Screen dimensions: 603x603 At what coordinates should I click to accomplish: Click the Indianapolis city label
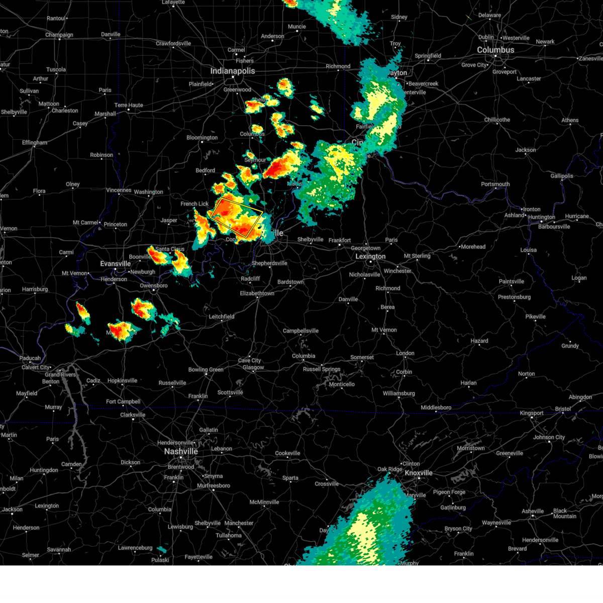pyautogui.click(x=232, y=71)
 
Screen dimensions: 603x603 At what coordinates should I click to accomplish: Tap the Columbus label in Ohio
pyautogui.click(x=495, y=50)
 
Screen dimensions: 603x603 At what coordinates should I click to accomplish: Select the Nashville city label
pyautogui.click(x=181, y=451)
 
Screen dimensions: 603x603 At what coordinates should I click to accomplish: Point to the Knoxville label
pyautogui.click(x=419, y=473)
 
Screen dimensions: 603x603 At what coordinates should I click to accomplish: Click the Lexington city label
pyautogui.click(x=370, y=256)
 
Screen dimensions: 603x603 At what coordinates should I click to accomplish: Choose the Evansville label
pyautogui.click(x=115, y=264)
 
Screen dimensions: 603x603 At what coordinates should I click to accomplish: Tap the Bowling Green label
pyautogui.click(x=206, y=370)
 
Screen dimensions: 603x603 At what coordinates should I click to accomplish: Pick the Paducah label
pyautogui.click(x=30, y=358)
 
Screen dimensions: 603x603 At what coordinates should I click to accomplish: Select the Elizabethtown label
pyautogui.click(x=257, y=293)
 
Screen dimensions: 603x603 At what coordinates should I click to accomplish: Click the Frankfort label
pyautogui.click(x=340, y=240)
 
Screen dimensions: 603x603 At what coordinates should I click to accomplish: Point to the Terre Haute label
pyautogui.click(x=129, y=106)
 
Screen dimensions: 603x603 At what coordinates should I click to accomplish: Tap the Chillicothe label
pyautogui.click(x=497, y=120)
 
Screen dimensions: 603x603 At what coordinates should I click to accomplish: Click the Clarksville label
pyautogui.click(x=133, y=415)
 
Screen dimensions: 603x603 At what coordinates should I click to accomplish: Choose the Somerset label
pyautogui.click(x=362, y=357)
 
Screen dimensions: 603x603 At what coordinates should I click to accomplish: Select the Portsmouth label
pyautogui.click(x=495, y=184)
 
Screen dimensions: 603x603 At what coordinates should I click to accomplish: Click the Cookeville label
pyautogui.click(x=287, y=453)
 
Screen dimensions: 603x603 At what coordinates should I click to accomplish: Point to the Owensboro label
pyautogui.click(x=153, y=286)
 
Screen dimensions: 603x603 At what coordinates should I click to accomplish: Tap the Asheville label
pyautogui.click(x=533, y=512)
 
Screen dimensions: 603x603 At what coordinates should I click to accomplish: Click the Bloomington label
pyautogui.click(x=202, y=138)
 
